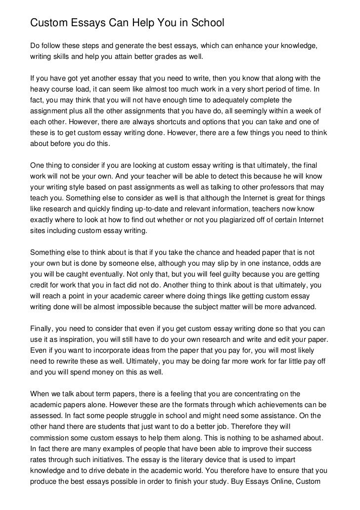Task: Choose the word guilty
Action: (x=230, y=274)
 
